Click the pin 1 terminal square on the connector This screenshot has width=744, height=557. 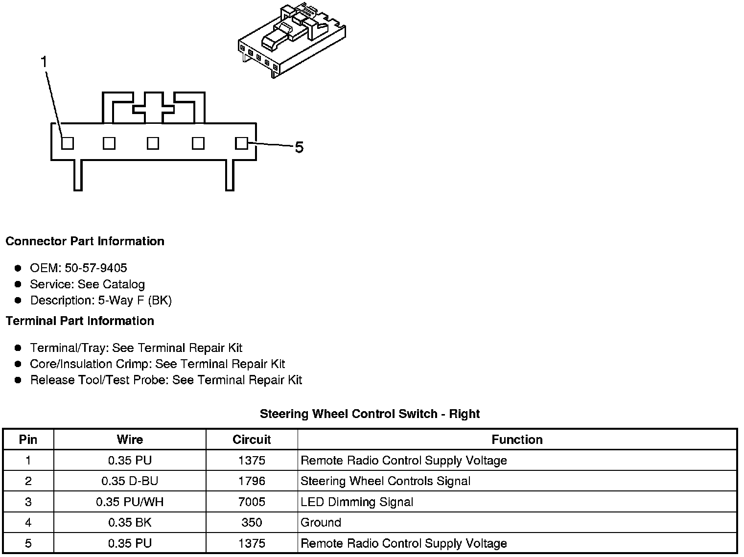pos(68,143)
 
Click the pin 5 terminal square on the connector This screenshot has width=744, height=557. pos(241,143)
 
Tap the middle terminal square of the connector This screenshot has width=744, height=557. pos(153,143)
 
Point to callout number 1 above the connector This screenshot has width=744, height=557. pos(44,62)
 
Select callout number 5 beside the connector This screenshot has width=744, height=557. pos(299,147)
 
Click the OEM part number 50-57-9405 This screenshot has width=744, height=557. pos(95,268)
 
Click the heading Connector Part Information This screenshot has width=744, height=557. pos(85,241)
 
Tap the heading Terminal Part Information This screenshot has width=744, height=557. pos(80,321)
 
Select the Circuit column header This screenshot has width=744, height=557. pos(252,440)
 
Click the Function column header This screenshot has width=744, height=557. pos(517,440)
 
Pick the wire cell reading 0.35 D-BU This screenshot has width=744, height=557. pos(130,481)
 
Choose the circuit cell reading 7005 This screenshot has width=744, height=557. pos(252,502)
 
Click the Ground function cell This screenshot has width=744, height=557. pos(321,522)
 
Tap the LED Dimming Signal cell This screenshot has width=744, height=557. pos(357,502)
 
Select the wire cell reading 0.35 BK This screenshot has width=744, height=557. pos(130,522)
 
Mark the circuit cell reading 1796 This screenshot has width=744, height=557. pos(252,481)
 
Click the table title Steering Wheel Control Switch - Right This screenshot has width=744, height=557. pos(370,414)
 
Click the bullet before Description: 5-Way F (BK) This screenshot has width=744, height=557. pos(18,300)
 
